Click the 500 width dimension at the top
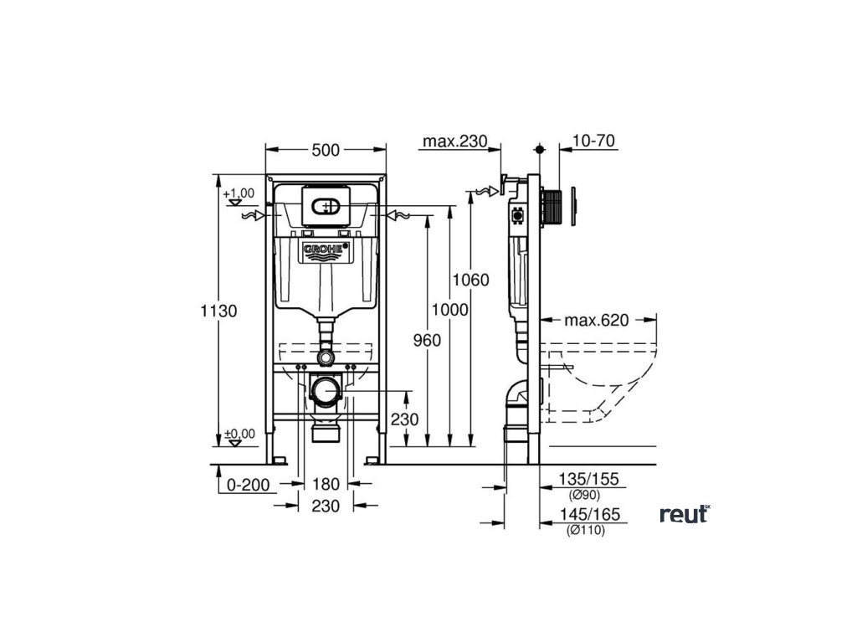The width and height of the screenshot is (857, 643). coord(326,150)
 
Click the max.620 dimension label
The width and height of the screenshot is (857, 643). coord(596,320)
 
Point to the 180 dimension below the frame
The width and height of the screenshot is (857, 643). coord(326,483)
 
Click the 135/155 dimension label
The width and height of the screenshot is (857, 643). coord(588,480)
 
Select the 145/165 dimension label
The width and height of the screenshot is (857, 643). coord(588,516)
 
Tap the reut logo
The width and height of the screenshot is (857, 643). coord(685,514)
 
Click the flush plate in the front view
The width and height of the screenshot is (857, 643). coord(326,204)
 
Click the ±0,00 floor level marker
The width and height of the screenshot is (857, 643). coord(239,435)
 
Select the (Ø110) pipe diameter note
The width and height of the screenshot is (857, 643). coord(585,530)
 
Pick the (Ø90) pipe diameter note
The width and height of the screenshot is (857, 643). coord(585,495)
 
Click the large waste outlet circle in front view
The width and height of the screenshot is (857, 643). coord(326,390)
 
